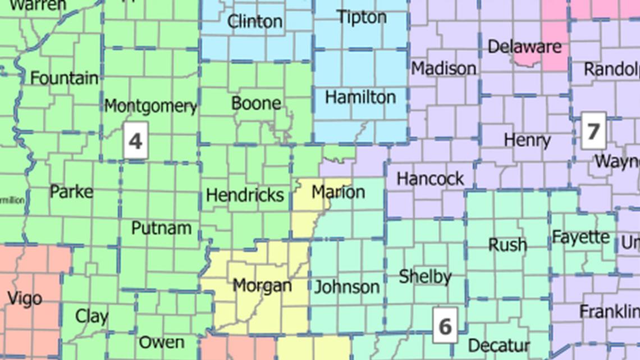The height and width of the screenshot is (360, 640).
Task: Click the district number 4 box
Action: (135, 140)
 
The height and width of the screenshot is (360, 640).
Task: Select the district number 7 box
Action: (593, 131)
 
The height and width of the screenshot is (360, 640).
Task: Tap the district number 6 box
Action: (445, 325)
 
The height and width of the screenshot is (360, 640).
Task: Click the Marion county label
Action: (338, 192)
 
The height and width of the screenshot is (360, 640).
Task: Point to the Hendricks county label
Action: (245, 195)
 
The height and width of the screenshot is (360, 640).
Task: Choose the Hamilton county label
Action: (360, 97)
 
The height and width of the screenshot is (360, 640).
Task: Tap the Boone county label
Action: (256, 103)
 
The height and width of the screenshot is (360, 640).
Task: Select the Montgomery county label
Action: (150, 106)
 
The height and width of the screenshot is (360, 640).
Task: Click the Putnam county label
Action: (161, 228)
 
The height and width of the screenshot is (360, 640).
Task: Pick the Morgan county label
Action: (262, 285)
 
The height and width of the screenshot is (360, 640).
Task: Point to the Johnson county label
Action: (346, 287)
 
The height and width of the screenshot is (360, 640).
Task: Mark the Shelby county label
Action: (425, 276)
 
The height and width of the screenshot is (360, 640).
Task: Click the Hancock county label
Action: (430, 179)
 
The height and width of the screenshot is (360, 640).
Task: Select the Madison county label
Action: (444, 69)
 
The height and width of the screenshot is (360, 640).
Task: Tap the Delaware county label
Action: (524, 47)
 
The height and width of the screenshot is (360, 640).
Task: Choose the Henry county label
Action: (527, 140)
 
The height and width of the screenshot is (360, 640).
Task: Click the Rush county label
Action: (507, 244)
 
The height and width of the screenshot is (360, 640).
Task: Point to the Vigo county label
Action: (24, 298)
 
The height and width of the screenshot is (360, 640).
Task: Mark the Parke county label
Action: (71, 192)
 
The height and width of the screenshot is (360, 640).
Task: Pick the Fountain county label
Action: (64, 78)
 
